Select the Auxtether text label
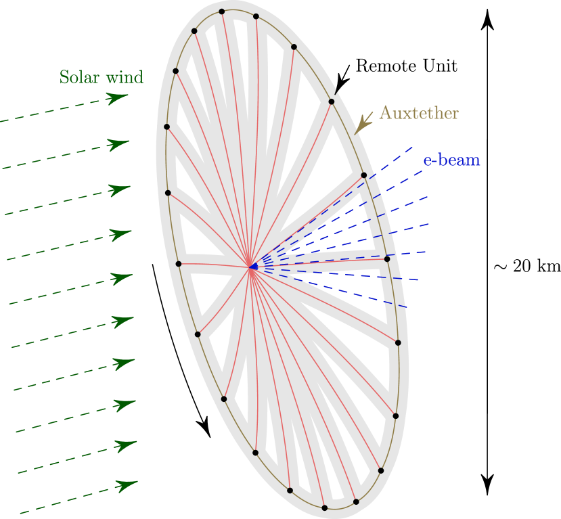[x=418, y=113]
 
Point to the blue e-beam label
[x=451, y=160]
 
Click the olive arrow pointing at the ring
[x=363, y=123]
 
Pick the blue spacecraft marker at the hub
[x=253, y=267]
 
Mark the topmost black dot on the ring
[x=222, y=12]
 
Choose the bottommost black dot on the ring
[x=324, y=507]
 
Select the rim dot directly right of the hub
[x=387, y=258]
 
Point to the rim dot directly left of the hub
[x=179, y=264]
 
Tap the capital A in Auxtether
[x=385, y=113]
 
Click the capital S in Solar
[x=64, y=77]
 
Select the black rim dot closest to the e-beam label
[x=363, y=175]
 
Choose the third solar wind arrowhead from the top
[x=121, y=189]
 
